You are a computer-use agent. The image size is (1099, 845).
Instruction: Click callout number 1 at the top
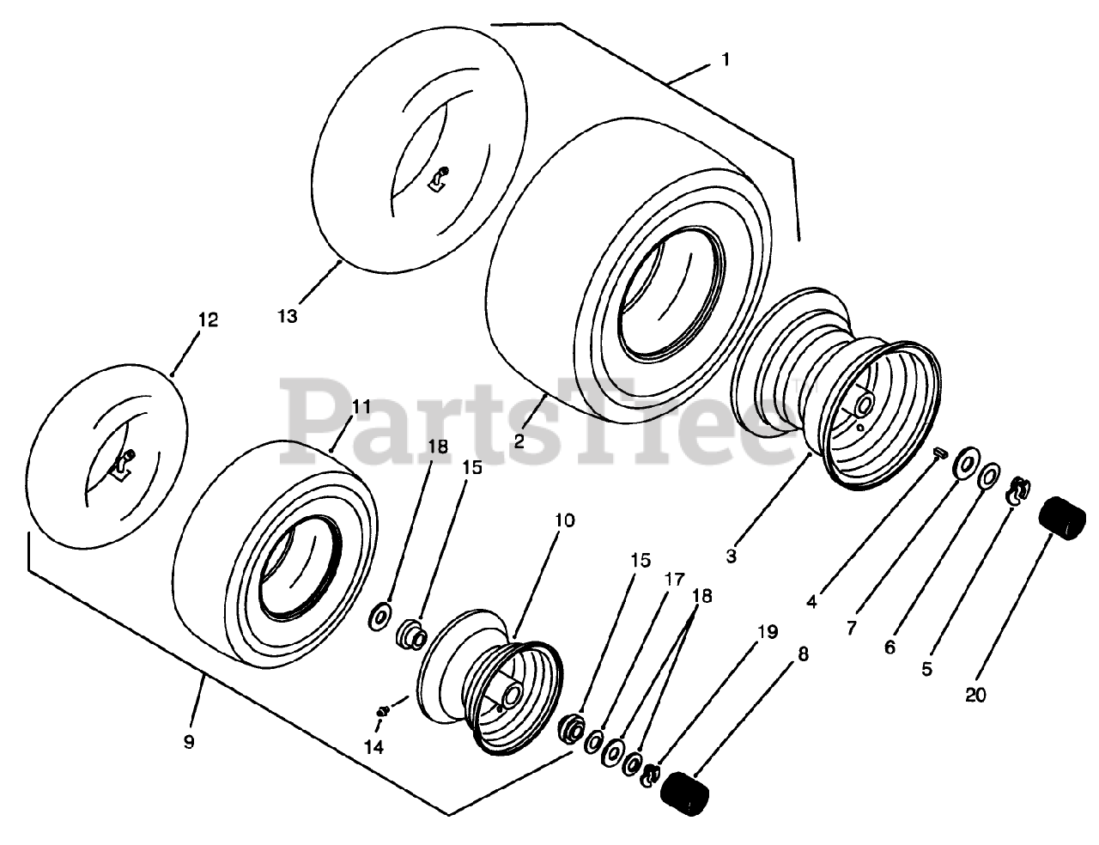click(726, 60)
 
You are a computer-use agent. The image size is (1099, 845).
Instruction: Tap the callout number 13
click(288, 316)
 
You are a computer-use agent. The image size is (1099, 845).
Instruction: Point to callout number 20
click(975, 696)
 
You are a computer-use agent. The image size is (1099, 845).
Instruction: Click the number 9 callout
click(189, 742)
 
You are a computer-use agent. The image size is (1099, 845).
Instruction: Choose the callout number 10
click(565, 520)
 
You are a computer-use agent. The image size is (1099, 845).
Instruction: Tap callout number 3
click(731, 556)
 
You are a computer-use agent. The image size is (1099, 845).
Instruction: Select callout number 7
click(850, 628)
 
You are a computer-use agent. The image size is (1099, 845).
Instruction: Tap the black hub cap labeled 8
click(685, 789)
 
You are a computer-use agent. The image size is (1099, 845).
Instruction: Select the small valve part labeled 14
click(384, 709)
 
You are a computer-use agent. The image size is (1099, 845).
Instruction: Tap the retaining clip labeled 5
click(1017, 490)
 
